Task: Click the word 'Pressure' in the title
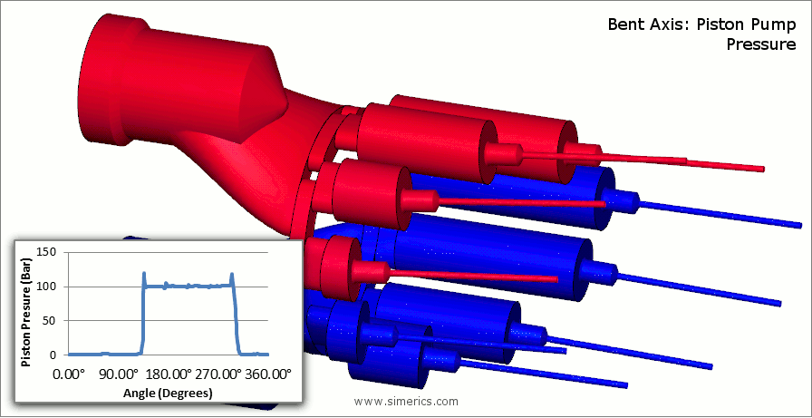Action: tap(760, 44)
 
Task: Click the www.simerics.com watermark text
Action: tap(406, 402)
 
